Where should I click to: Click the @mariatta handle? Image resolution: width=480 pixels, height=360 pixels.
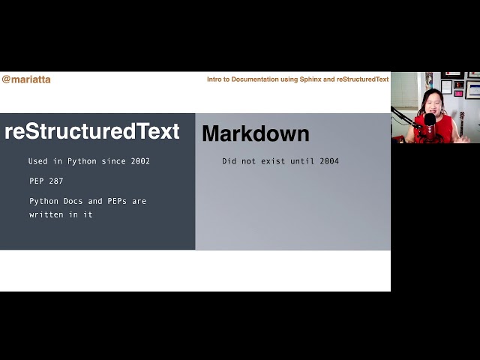[26, 79]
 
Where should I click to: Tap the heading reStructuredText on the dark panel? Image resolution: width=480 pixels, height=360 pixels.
[92, 131]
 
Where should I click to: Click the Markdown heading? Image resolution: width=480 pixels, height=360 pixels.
[255, 134]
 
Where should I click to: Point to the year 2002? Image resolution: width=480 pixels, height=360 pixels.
[139, 161]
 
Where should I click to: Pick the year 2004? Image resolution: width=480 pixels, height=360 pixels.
[328, 161]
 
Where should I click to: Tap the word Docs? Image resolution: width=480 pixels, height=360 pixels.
[72, 201]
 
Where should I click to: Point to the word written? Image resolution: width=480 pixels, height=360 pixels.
[46, 214]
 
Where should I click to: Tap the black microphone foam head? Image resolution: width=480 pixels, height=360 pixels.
[430, 118]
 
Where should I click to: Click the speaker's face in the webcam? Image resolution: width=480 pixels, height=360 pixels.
[433, 105]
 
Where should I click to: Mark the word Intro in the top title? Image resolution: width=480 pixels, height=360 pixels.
[216, 79]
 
